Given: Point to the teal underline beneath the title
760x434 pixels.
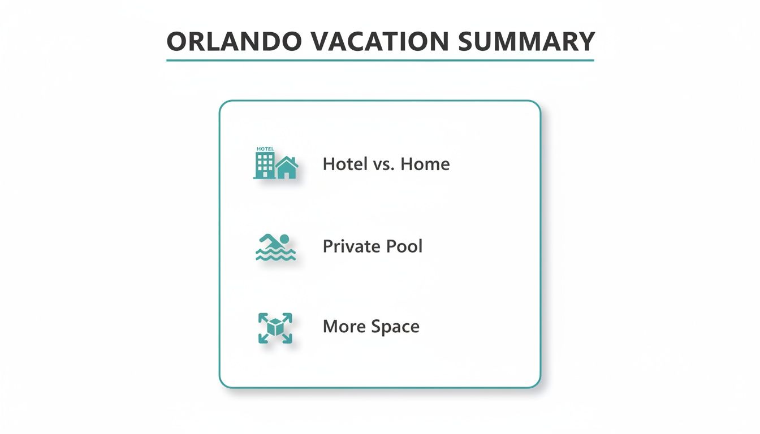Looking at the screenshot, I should click(380, 60).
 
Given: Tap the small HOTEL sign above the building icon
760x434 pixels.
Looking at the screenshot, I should click(265, 149).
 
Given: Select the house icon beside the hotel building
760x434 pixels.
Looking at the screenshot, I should click(287, 168).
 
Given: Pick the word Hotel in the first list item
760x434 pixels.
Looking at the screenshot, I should click(345, 164).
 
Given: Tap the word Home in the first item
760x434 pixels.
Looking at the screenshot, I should click(425, 164).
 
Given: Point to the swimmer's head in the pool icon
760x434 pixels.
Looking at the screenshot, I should click(284, 239).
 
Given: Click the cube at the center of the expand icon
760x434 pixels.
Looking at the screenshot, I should click(275, 327).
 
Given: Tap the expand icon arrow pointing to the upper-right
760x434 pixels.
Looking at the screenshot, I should click(288, 316).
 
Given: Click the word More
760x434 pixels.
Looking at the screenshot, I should click(344, 327).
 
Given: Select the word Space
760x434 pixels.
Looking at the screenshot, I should click(395, 327).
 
